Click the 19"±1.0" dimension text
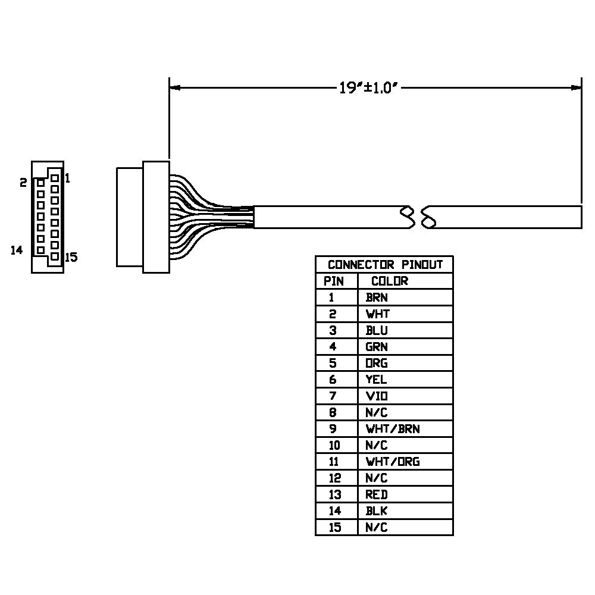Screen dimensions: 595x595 point(367,88)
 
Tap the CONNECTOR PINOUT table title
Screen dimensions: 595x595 point(385,265)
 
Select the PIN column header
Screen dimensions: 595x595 point(334,281)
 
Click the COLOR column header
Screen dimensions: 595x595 point(390,281)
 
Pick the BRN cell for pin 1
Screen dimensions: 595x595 point(377,297)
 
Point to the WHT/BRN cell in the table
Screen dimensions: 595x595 point(393,428)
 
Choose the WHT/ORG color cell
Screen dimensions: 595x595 point(393,461)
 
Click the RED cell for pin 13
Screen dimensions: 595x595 point(377,494)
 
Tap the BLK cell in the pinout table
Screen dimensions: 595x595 point(377,511)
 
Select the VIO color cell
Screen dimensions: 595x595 point(377,396)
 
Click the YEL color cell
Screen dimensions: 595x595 point(376,379)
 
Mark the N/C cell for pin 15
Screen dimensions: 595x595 point(377,527)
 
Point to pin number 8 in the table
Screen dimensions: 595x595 point(333,412)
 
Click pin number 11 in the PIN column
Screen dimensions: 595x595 point(335,461)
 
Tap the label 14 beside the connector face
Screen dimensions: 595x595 point(17,250)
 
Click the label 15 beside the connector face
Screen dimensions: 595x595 point(71,258)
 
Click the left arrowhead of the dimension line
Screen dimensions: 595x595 point(174,87)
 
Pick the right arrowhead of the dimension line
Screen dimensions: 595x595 point(576,87)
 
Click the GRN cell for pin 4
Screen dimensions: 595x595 point(377,346)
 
